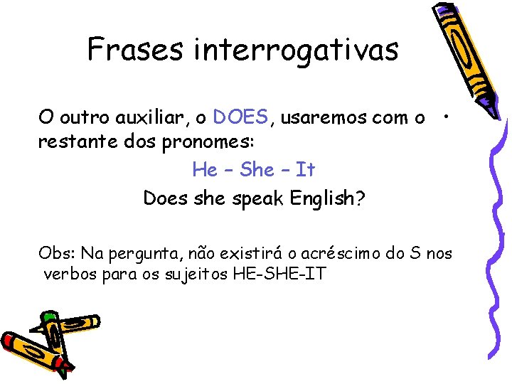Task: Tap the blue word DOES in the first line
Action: tap(241, 116)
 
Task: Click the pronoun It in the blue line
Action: tap(305, 169)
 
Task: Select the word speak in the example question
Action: tap(260, 198)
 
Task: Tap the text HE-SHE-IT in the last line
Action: tap(279, 273)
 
